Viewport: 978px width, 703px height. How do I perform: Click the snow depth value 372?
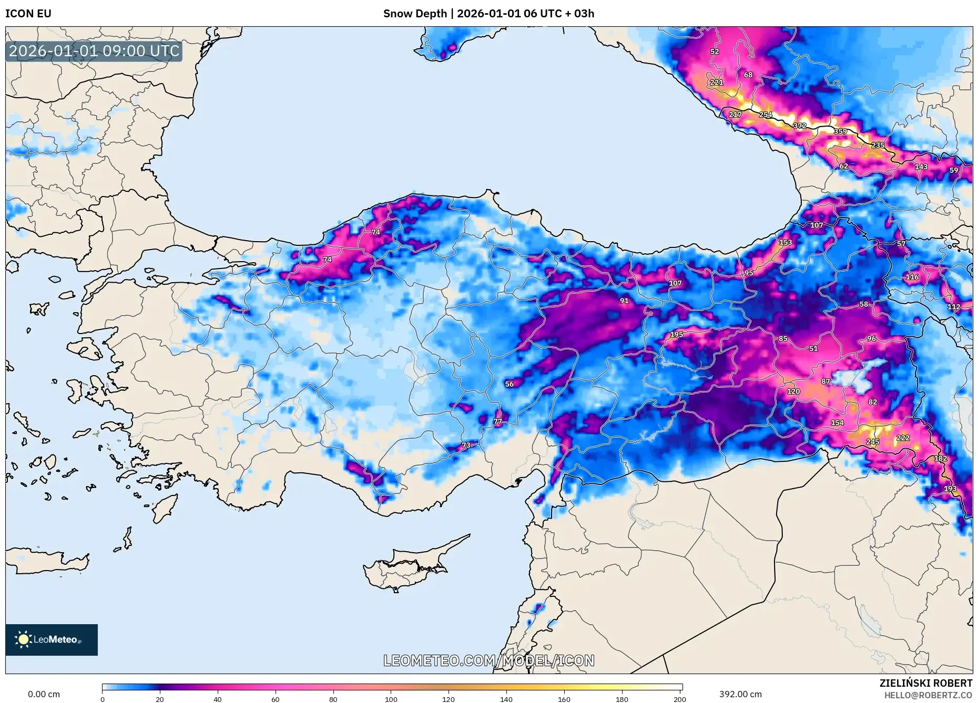(800, 126)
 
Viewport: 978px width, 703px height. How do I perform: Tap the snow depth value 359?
(840, 131)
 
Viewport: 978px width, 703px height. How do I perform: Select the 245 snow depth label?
(873, 442)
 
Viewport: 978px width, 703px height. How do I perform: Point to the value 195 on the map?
(677, 334)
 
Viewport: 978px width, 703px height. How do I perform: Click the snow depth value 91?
(624, 301)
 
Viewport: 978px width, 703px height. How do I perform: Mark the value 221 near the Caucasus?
(717, 82)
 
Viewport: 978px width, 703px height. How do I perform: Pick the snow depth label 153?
(786, 242)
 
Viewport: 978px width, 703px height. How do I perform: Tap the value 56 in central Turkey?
(510, 384)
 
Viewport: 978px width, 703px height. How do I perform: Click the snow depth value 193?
(950, 489)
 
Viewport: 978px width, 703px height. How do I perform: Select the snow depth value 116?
(912, 277)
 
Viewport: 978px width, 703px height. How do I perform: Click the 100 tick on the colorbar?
(391, 699)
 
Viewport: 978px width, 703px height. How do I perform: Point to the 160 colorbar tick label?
(564, 699)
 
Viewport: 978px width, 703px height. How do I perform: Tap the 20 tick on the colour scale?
(160, 699)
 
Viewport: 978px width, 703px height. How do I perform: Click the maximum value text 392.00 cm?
(740, 694)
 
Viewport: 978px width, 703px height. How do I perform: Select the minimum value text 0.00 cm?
(44, 694)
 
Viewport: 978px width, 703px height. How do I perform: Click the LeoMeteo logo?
(51, 639)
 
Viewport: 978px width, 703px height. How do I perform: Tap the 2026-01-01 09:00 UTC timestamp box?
(94, 51)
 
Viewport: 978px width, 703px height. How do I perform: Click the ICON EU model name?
(28, 14)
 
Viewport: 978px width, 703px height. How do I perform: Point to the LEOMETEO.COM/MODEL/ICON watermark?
(489, 660)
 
